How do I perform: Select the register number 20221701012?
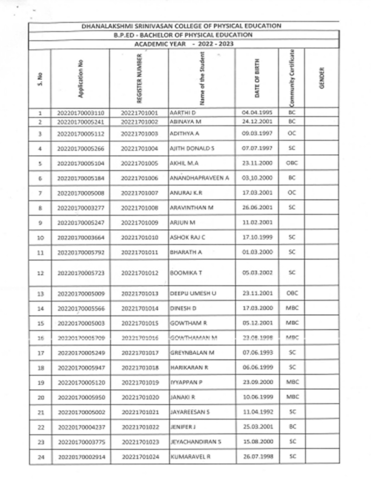140,273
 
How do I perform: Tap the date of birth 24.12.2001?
257,122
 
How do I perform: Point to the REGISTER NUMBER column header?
139,78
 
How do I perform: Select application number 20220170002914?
82,457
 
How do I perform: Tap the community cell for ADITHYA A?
292,134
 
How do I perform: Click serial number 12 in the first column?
40,273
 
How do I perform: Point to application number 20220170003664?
82,238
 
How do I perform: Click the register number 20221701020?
140,397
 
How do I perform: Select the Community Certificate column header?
292,78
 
